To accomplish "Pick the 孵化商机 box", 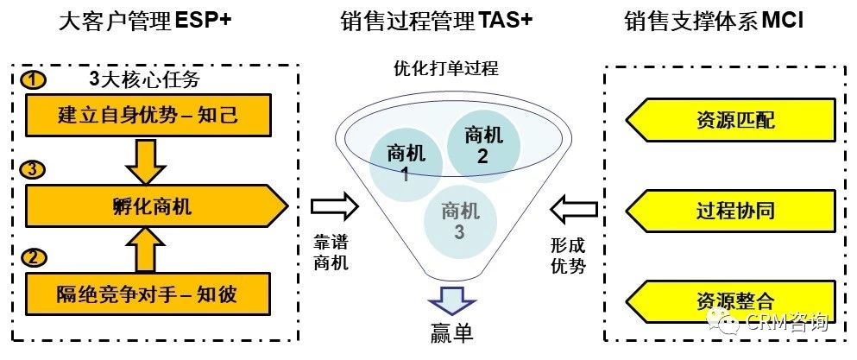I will point(155,206).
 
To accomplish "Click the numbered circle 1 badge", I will point(34,81).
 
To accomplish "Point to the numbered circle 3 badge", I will point(34,170).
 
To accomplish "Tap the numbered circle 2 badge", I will point(34,257).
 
